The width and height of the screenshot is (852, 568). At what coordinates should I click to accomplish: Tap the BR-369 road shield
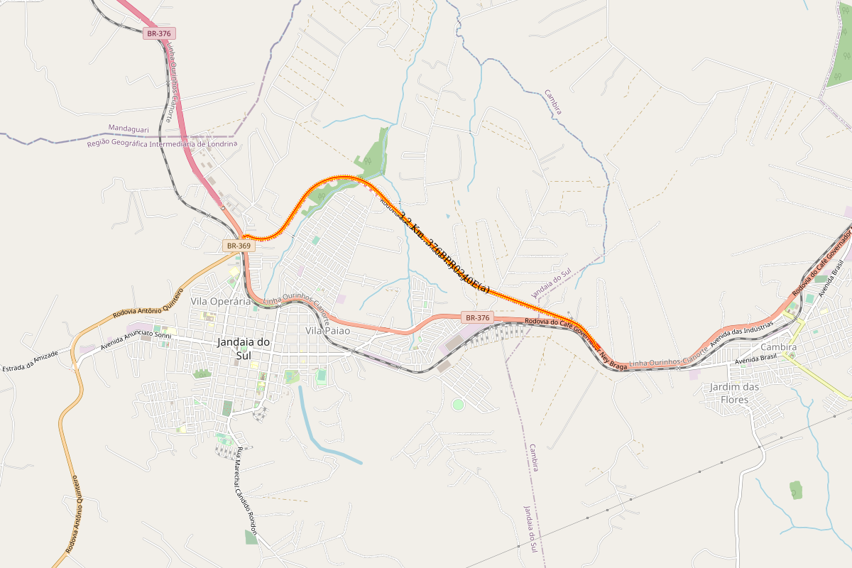(238, 246)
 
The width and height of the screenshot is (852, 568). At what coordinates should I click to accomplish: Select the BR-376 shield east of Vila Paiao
(476, 317)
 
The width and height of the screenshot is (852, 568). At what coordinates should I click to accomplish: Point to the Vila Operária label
(221, 301)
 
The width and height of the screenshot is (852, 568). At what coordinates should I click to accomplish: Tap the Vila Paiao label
(327, 331)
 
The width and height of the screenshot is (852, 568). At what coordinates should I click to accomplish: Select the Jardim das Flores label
(735, 393)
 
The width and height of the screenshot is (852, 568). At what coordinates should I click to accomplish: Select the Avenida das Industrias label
(742, 344)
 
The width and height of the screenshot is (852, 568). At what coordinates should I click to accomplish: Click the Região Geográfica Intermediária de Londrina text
(162, 144)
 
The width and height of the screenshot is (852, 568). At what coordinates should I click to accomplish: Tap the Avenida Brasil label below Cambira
(757, 360)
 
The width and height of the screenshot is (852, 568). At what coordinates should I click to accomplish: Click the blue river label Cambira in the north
(553, 102)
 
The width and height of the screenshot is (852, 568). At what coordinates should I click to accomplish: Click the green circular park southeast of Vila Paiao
(458, 405)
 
